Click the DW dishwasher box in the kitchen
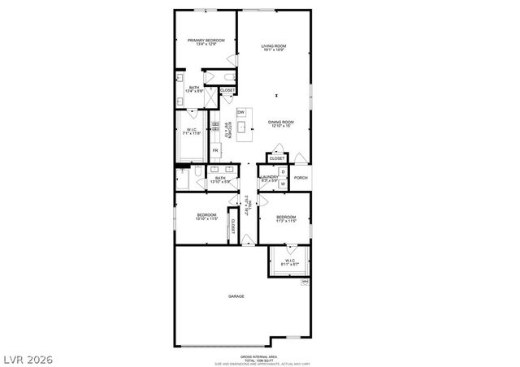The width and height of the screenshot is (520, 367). click(x=241, y=112)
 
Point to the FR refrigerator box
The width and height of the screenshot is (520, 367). click(x=216, y=151)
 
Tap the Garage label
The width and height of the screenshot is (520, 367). click(x=236, y=296)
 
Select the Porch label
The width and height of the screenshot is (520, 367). click(x=301, y=178)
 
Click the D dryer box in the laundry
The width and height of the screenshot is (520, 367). click(x=283, y=172)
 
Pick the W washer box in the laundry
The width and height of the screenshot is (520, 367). click(x=283, y=184)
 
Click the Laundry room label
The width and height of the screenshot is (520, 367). click(x=269, y=178)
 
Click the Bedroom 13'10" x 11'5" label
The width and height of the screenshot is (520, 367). click(x=206, y=217)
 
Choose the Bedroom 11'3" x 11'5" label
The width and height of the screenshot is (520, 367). click(x=284, y=218)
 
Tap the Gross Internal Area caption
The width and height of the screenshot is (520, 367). click(x=260, y=358)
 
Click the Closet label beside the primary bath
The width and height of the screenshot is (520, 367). click(x=227, y=90)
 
